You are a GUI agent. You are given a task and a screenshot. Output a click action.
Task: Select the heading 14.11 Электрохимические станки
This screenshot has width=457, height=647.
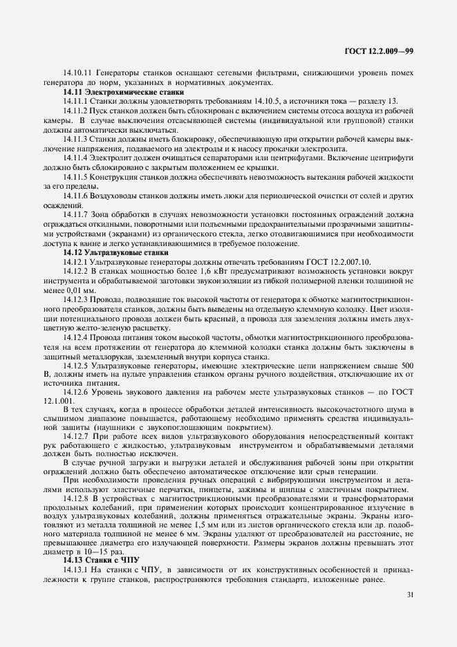[124, 91]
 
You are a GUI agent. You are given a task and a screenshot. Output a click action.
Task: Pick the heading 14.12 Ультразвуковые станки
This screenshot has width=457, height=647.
[119, 252]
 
